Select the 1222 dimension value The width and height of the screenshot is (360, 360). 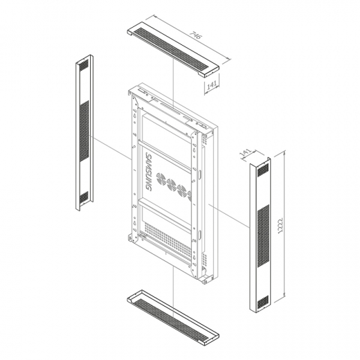(x=280, y=226)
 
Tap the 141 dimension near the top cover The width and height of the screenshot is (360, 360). (x=212, y=85)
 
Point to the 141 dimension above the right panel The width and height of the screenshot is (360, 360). (x=246, y=153)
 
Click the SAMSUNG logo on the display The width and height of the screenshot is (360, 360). (x=149, y=172)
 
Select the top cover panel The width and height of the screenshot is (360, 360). (x=173, y=50)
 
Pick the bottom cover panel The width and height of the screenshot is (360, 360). (x=173, y=318)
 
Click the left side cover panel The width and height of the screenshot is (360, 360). (x=84, y=133)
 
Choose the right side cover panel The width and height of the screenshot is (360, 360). (x=260, y=235)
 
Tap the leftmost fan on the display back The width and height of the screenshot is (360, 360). (x=161, y=179)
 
